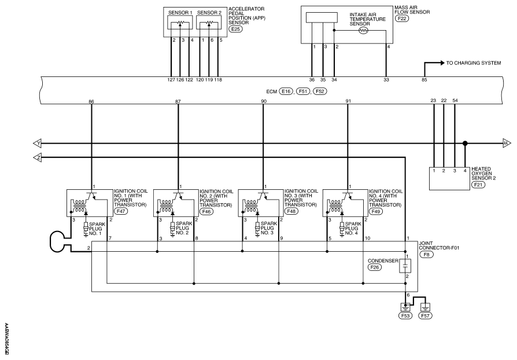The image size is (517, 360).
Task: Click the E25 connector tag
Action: point(236,29)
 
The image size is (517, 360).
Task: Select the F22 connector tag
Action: point(402,19)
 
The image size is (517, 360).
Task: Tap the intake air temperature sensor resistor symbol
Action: point(364,30)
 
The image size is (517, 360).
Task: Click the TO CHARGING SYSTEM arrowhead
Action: point(442,63)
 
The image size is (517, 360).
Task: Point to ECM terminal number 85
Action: point(424,79)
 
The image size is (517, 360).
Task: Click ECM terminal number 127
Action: point(171,79)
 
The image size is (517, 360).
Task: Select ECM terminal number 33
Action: point(386,79)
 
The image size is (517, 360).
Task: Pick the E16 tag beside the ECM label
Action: point(286,91)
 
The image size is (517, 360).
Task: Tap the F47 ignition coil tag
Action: point(121,211)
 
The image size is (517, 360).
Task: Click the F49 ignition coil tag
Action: point(376,211)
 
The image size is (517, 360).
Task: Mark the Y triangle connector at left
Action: point(37,144)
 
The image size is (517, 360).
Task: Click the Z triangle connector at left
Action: point(37,158)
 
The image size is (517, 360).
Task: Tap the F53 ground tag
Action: point(405,316)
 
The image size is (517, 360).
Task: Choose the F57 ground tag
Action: point(425,316)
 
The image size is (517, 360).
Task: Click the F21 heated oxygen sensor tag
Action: point(478,185)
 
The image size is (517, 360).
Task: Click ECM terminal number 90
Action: point(264,102)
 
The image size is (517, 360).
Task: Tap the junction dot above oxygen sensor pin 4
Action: point(465,144)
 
